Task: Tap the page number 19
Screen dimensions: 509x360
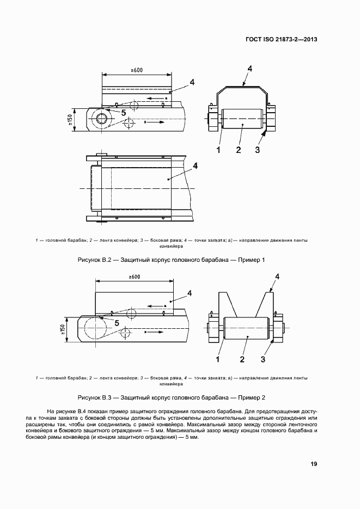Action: click(x=314, y=464)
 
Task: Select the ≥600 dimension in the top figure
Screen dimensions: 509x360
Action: click(x=137, y=70)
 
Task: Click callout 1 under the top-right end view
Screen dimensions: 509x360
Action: click(x=218, y=149)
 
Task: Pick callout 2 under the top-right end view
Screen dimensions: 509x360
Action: click(x=238, y=149)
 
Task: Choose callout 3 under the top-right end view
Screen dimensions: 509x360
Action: click(x=258, y=149)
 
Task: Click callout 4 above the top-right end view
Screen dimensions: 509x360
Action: click(x=249, y=69)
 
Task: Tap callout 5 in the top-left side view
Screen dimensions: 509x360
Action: click(x=123, y=112)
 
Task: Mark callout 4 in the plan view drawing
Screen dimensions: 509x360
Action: click(x=194, y=165)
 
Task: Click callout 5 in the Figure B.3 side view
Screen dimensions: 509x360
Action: click(x=116, y=322)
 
